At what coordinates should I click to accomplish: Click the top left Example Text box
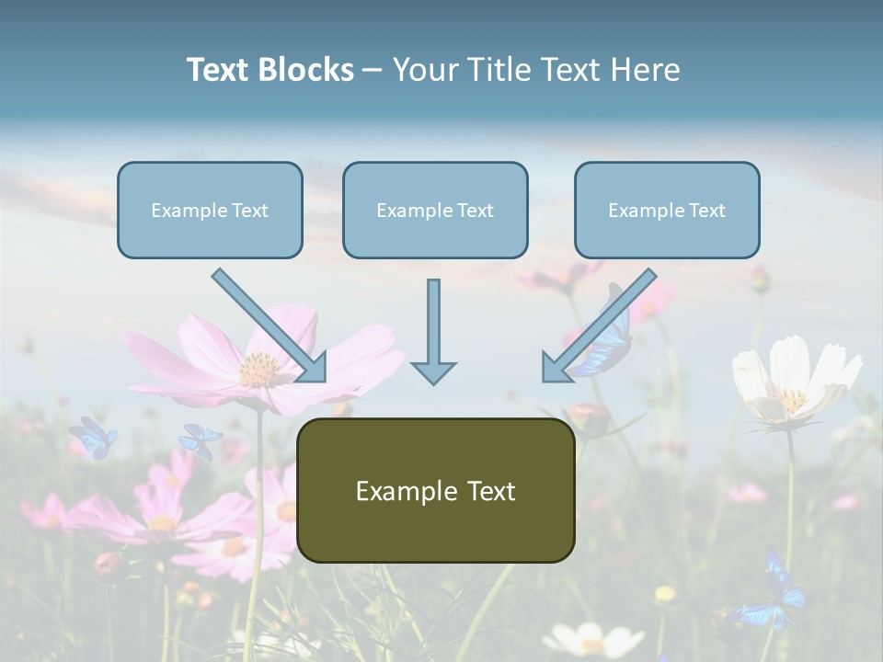pyautogui.click(x=210, y=210)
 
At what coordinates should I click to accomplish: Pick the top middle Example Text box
pyautogui.click(x=435, y=210)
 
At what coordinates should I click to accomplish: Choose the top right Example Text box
pyautogui.click(x=667, y=210)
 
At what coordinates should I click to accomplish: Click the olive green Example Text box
pyautogui.click(x=436, y=490)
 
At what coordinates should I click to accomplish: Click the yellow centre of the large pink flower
pyautogui.click(x=259, y=369)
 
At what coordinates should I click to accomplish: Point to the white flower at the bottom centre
pyautogui.click(x=581, y=638)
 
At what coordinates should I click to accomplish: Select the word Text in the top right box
pyautogui.click(x=706, y=211)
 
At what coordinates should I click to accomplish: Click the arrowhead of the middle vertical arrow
pyautogui.click(x=433, y=371)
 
